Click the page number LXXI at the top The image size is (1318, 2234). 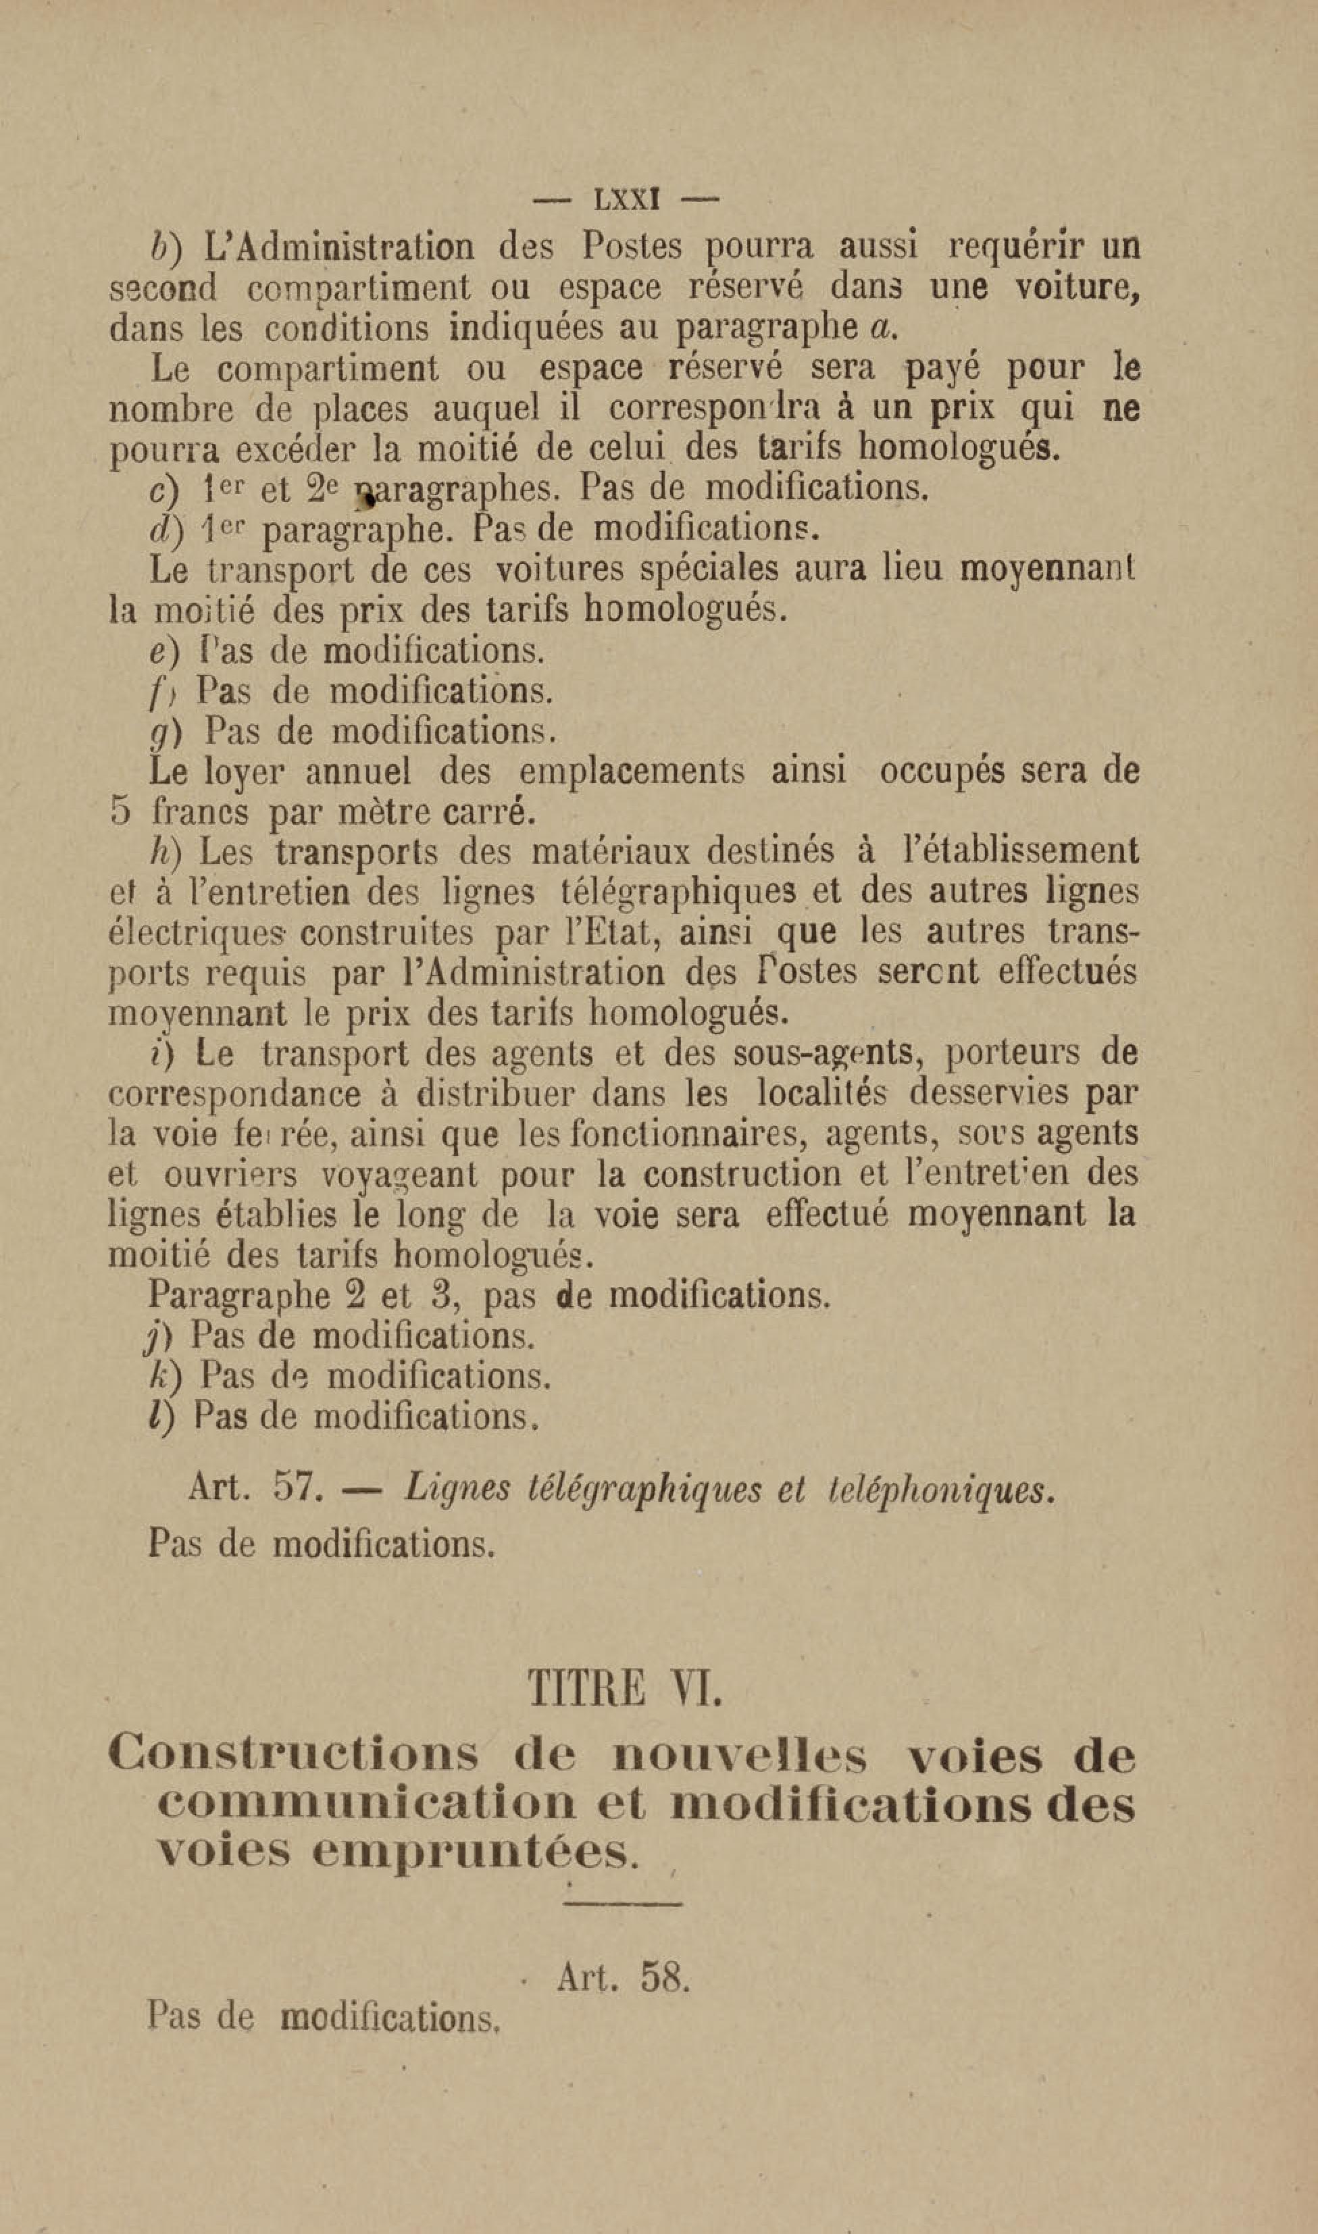coord(626,199)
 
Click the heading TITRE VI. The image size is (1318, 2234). coord(626,1688)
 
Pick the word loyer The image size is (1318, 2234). coord(245,771)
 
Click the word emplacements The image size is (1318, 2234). coord(632,771)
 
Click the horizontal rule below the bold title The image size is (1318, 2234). coord(623,1904)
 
